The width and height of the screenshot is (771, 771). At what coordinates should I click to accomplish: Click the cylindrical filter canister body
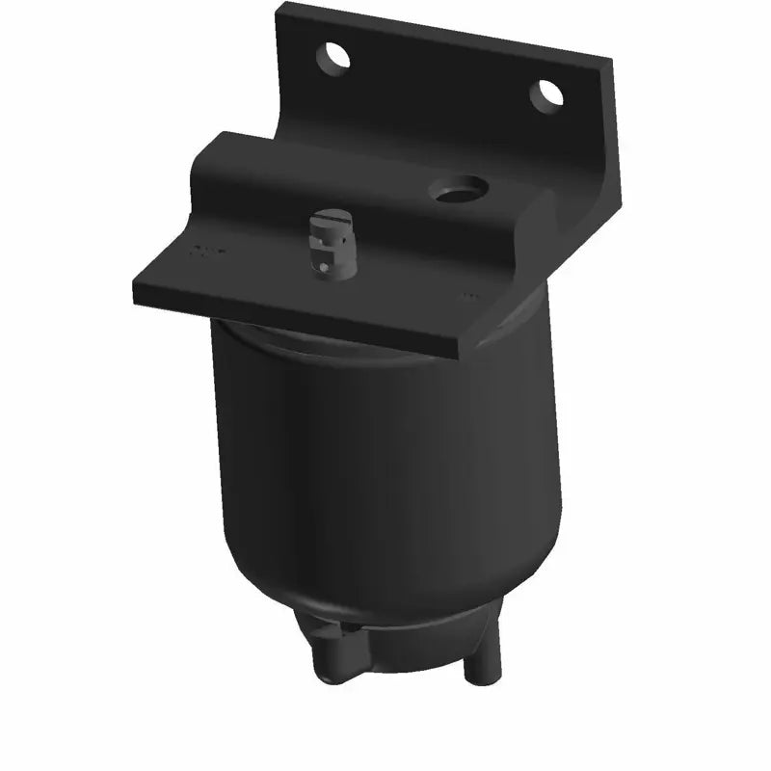coord(385,463)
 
